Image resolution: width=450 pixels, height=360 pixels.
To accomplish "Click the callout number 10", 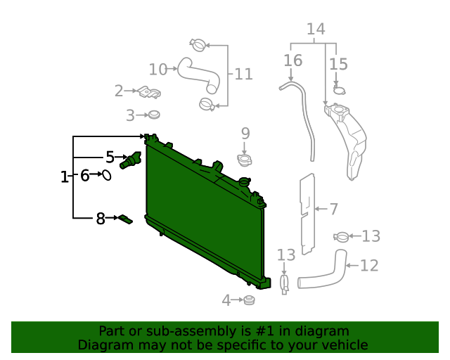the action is pyautogui.click(x=158, y=69).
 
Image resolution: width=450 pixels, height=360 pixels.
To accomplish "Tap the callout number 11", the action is pyautogui.click(x=243, y=74).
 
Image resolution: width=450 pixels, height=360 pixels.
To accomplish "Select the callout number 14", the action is pyautogui.click(x=316, y=30).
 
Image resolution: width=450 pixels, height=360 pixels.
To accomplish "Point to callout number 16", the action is pyautogui.click(x=292, y=60).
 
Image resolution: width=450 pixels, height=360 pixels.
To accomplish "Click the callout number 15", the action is pyautogui.click(x=338, y=64).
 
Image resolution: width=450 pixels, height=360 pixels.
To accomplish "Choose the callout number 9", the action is pyautogui.click(x=245, y=133).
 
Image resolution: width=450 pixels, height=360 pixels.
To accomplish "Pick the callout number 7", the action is pyautogui.click(x=333, y=209).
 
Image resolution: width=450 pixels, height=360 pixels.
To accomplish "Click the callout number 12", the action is pyautogui.click(x=369, y=265).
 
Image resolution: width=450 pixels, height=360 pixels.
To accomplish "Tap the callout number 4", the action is pyautogui.click(x=226, y=301).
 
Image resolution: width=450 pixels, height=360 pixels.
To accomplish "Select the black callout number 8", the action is pyautogui.click(x=101, y=219).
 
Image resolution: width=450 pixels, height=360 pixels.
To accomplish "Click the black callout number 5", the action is pyautogui.click(x=110, y=157).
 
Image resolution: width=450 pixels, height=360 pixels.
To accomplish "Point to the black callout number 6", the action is pyautogui.click(x=84, y=175).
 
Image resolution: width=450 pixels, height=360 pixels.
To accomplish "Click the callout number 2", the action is pyautogui.click(x=119, y=91).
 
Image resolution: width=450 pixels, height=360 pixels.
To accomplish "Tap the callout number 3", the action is pyautogui.click(x=130, y=115).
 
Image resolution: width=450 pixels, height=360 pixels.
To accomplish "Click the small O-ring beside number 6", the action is pyautogui.click(x=107, y=174).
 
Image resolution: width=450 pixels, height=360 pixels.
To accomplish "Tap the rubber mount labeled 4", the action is pyautogui.click(x=248, y=301).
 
